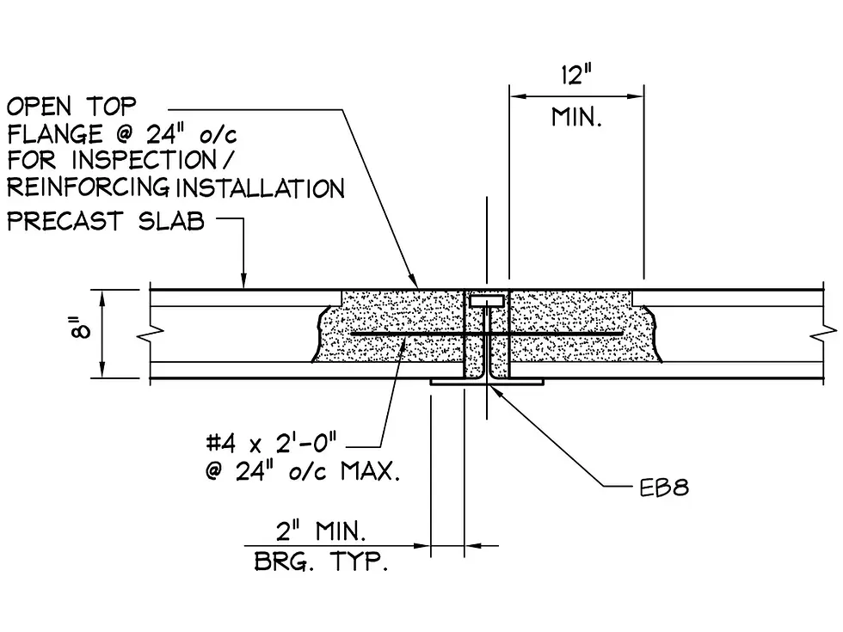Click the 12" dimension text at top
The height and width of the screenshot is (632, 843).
pyautogui.click(x=576, y=76)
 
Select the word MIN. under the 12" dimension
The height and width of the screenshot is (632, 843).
pyautogui.click(x=576, y=117)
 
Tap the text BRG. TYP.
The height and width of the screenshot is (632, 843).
pyautogui.click(x=321, y=563)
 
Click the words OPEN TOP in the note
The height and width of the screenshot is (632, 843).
pyautogui.click(x=71, y=107)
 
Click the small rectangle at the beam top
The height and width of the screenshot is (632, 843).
pyautogui.click(x=487, y=301)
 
